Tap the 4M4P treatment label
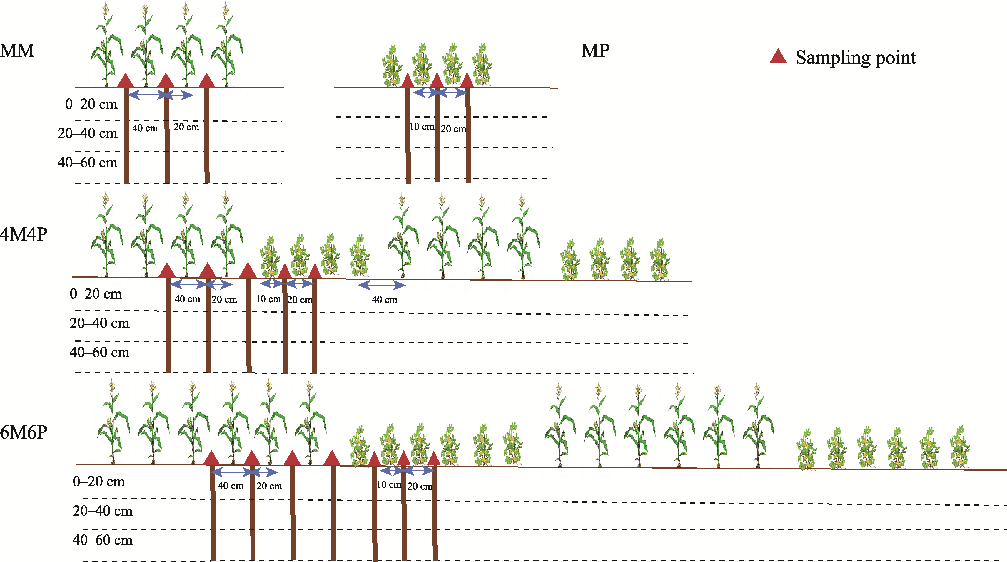[24, 234]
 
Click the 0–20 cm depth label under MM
[91, 104]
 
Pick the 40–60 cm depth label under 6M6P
[102, 540]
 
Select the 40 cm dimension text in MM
[145, 128]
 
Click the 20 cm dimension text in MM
[186, 127]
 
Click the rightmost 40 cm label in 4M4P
[384, 300]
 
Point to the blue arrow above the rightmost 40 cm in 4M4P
[382, 286]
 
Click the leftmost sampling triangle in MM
[126, 80]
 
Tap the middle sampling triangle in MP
[437, 80]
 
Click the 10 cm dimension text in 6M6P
[389, 485]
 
